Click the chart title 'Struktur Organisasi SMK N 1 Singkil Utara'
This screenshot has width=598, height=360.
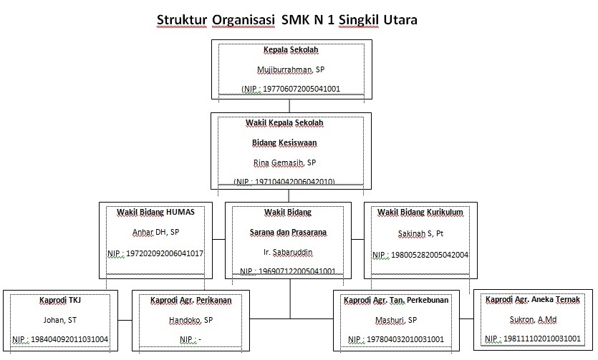[286, 19]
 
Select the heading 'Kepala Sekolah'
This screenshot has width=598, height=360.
[290, 50]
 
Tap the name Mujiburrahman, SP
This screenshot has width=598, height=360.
[290, 69]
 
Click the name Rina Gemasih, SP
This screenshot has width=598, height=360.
[284, 162]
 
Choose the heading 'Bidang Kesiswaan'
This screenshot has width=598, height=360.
[284, 142]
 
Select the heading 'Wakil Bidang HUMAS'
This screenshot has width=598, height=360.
[155, 213]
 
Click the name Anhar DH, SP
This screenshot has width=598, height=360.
[155, 233]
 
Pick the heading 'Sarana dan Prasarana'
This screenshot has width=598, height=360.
[289, 233]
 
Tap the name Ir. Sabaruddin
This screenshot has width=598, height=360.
[289, 253]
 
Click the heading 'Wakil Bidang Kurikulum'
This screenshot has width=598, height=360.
[420, 213]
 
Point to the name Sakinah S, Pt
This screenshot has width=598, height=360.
[420, 233]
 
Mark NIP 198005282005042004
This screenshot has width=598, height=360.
[420, 254]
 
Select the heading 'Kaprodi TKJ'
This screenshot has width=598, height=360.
[59, 300]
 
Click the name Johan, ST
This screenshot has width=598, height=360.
[59, 320]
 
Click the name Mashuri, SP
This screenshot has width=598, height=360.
[395, 320]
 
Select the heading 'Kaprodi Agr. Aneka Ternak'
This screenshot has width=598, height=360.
[533, 299]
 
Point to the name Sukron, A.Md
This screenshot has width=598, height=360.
[533, 319]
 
